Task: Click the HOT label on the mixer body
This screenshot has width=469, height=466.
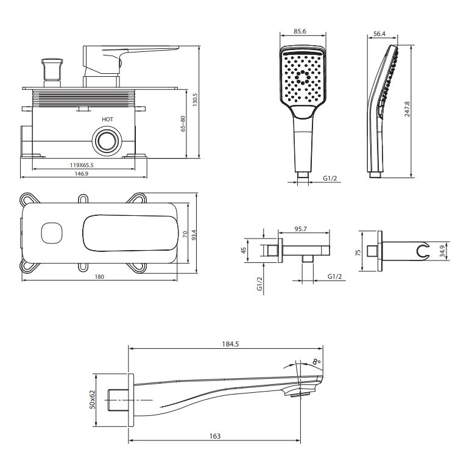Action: point(107,120)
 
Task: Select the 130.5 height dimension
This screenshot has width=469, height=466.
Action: point(196,99)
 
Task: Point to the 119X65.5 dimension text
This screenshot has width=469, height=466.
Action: point(85,165)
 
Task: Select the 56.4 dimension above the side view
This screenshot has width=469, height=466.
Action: point(379,34)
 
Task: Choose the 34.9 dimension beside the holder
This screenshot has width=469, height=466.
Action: point(442,250)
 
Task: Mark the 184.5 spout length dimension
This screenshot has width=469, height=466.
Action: point(230,344)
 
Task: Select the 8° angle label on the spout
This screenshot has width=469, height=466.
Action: point(316,362)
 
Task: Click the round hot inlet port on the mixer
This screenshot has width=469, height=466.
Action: point(107,140)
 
